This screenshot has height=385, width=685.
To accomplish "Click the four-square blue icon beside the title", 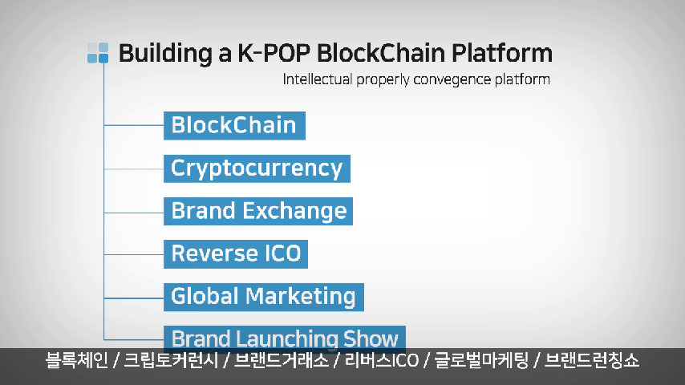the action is point(98,53).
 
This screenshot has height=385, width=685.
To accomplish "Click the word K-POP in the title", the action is point(274,53).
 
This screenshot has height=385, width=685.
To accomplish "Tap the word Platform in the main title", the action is point(502,53).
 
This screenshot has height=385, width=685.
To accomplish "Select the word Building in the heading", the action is point(165,54).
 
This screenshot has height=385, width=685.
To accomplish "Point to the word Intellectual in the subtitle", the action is point(317,79).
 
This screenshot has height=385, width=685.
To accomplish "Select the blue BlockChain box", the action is point(234,125).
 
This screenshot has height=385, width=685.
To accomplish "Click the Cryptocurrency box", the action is point(257,168).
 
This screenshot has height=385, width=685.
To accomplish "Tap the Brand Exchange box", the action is point(258,211).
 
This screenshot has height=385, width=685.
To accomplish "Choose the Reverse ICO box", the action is point(236,254).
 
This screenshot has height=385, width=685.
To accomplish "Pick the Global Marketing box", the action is point(264,297).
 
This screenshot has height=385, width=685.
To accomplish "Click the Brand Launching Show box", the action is point(285,338).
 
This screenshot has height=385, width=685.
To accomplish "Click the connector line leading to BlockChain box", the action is point(134,125).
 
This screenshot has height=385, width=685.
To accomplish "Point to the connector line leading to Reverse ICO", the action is point(134,254).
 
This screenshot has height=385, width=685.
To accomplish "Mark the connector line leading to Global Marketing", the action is point(134,298).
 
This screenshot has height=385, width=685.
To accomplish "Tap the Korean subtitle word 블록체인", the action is point(76,360).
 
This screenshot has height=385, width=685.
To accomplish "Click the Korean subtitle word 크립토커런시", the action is point(171,360).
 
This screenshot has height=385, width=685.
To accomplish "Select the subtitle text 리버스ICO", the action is point(382,360).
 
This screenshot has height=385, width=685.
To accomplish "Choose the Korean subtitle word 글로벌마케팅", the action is point(481,360).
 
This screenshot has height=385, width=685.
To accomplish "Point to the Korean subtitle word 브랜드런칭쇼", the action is point(592,360).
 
